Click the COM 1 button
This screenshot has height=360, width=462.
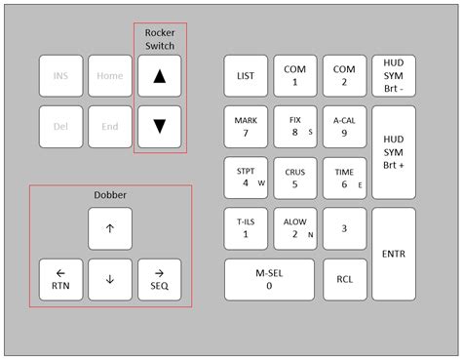[294, 75]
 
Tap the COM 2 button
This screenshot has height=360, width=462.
[344, 75]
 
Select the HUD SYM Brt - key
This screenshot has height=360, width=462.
[394, 75]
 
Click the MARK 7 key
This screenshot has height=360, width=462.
[246, 126]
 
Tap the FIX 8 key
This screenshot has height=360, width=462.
[294, 126]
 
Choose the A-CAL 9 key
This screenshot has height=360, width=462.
[344, 126]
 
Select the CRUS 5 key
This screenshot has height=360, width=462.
[294, 177]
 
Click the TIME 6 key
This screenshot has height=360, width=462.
[344, 177]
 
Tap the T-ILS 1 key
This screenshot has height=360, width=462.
[246, 227]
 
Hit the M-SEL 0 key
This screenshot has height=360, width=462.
[270, 279]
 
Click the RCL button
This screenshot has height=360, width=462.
[344, 279]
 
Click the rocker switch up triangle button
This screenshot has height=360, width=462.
[160, 75]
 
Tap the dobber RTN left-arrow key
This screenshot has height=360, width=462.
[60, 279]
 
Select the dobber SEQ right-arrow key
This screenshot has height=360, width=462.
[160, 279]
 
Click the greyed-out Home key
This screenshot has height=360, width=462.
[110, 75]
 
